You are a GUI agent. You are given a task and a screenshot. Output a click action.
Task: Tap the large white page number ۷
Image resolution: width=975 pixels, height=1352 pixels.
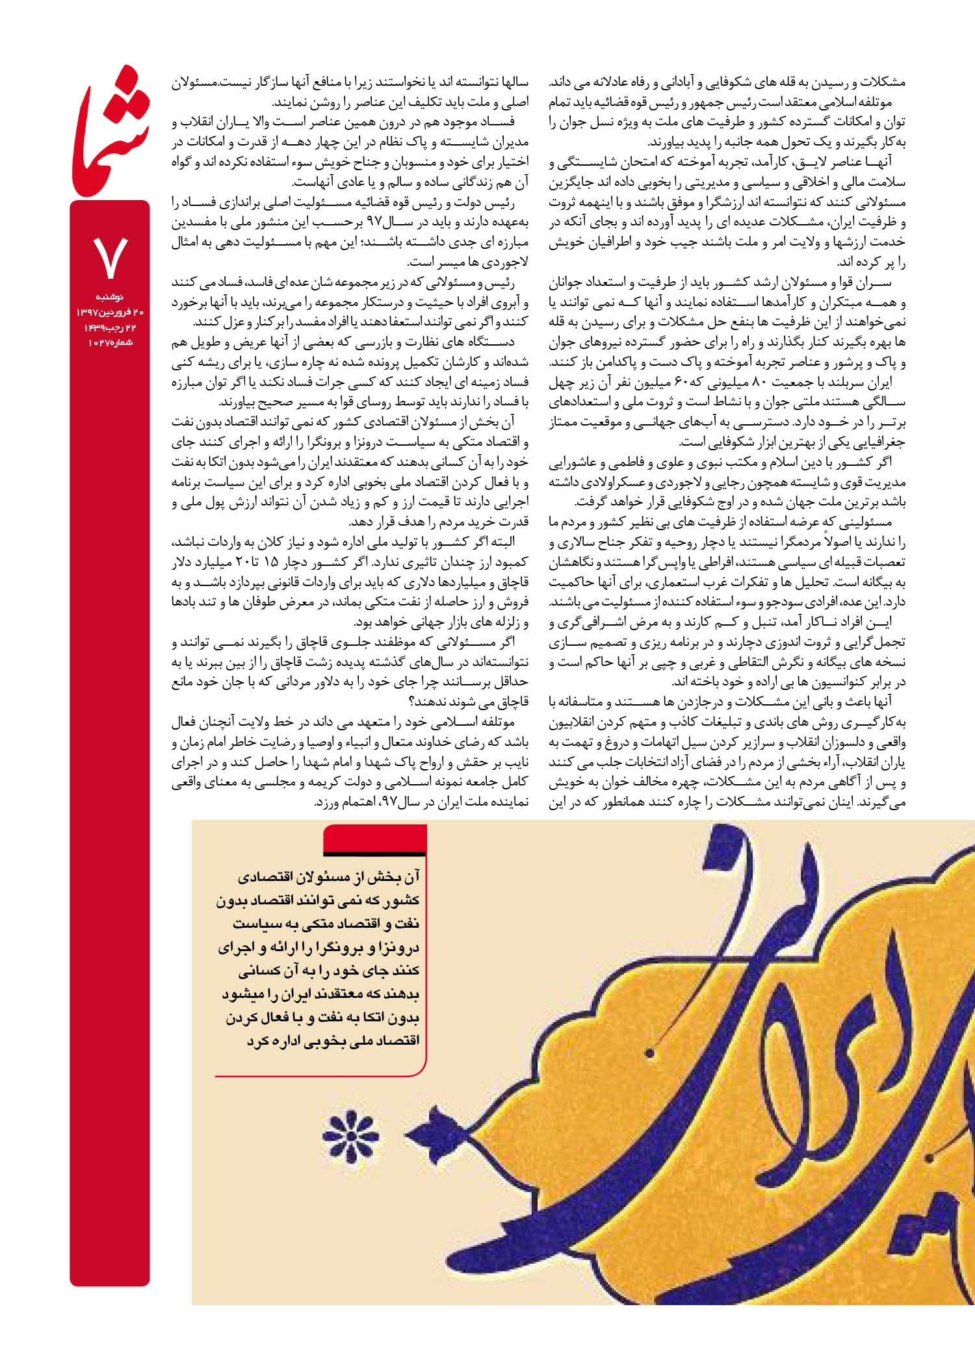110,257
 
